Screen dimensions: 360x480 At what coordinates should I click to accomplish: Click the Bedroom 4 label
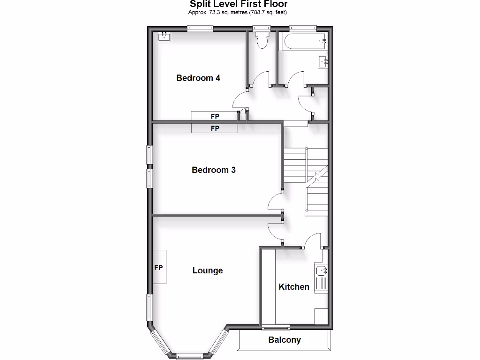pos(198,78)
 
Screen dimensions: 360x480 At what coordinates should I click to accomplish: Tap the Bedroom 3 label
pos(214,170)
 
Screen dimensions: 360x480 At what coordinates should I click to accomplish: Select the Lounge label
pos(208,270)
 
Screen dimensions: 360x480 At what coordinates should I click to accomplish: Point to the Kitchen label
pos(294,286)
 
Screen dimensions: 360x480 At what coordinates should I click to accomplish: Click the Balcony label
pos(285,340)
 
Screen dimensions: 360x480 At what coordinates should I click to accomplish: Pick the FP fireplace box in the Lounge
pos(159,267)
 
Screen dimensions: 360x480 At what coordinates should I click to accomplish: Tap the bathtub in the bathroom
pos(302,42)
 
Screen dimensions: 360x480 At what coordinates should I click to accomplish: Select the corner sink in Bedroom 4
pos(164,36)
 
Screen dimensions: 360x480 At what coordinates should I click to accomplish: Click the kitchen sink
pos(322,270)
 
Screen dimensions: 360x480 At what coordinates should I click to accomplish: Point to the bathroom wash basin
pos(323,61)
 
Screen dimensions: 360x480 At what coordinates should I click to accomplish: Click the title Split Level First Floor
pos(239,4)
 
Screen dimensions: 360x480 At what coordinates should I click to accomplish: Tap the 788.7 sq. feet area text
pos(267,12)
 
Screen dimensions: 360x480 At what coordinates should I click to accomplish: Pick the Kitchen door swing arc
pos(311,239)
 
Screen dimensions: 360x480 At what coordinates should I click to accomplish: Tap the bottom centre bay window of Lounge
pos(190,355)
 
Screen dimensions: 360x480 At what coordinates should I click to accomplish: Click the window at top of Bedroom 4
pos(201,29)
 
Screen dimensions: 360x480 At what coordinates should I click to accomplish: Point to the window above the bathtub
pos(302,29)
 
